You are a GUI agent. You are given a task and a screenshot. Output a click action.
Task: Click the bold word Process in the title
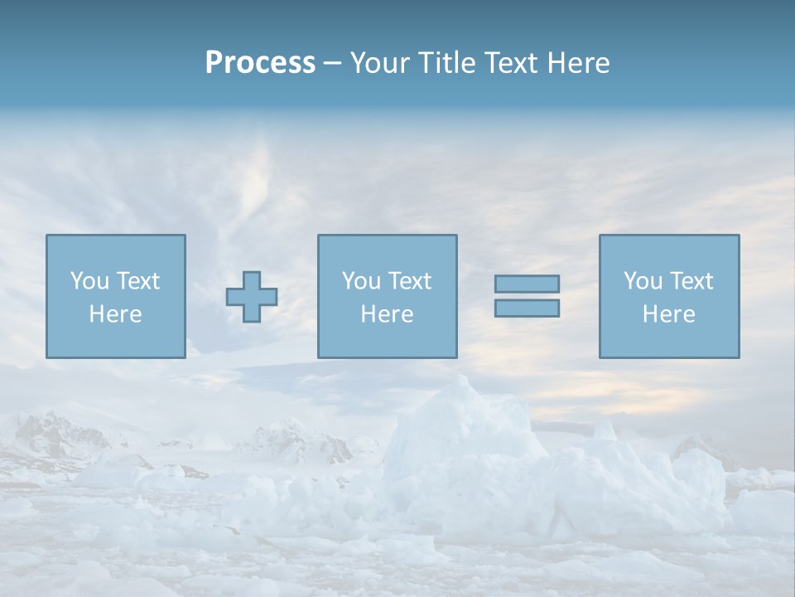click(x=260, y=62)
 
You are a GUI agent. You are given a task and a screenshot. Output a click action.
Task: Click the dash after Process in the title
click(x=333, y=64)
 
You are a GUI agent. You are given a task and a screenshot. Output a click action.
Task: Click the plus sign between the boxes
click(x=252, y=297)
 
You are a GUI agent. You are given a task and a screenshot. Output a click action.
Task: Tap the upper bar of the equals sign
click(x=527, y=284)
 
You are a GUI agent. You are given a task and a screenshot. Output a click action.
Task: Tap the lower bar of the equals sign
click(x=527, y=308)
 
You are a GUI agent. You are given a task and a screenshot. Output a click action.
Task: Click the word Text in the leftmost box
click(x=138, y=281)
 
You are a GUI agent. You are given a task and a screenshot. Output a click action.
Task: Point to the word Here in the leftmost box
click(x=115, y=314)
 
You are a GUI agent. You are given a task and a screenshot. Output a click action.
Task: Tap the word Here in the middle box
click(x=387, y=314)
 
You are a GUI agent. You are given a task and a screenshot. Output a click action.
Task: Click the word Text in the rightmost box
click(x=691, y=281)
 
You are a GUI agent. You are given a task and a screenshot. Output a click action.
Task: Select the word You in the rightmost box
click(x=643, y=281)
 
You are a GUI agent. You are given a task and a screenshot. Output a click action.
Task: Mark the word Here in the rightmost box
click(x=668, y=314)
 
